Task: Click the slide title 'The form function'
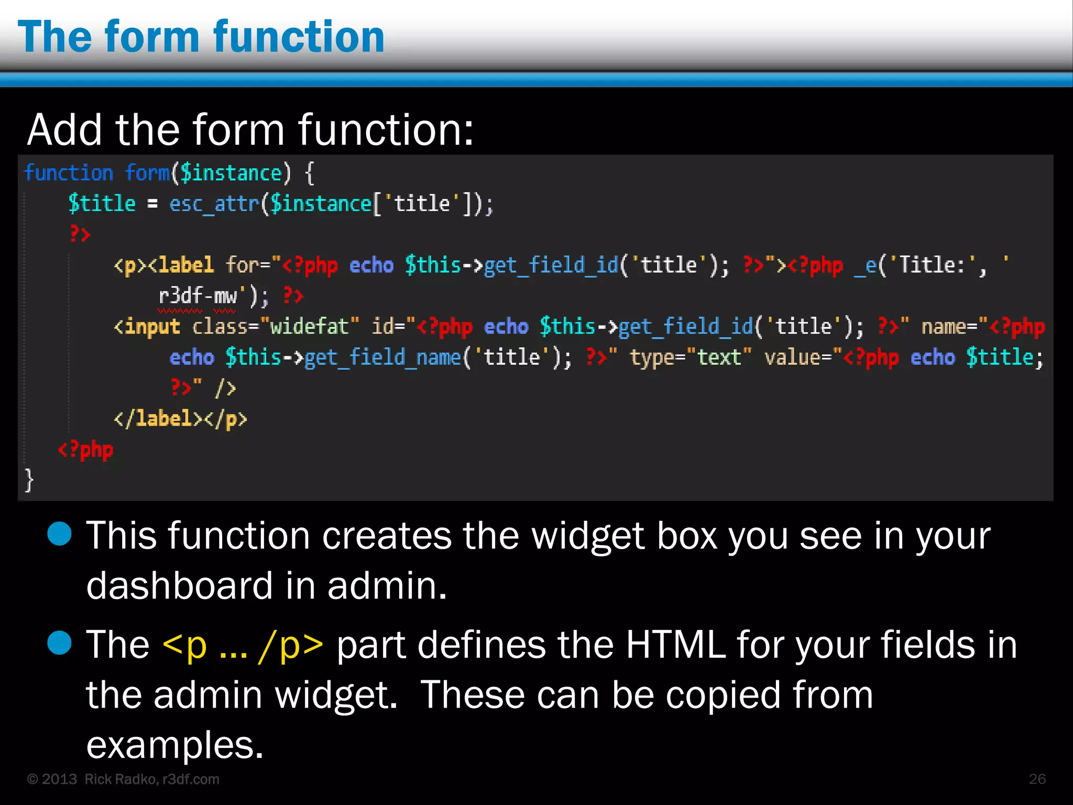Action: coord(201,37)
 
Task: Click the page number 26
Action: coord(1037,779)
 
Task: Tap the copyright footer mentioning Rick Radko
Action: coord(123,779)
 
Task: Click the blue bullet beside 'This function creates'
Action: coord(59,534)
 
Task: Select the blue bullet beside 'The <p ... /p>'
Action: coord(59,643)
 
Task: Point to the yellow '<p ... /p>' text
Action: coord(243,645)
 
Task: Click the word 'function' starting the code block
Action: coord(69,173)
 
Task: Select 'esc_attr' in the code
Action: coord(214,203)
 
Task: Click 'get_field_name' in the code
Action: coord(382,357)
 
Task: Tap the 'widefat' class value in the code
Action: coord(309,327)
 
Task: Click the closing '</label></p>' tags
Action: coord(180,419)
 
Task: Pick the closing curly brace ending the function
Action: coord(29,480)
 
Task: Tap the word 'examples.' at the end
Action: coord(174,745)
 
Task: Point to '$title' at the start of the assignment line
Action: coord(102,203)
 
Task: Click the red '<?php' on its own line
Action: coord(85,450)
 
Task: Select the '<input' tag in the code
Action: coord(147,327)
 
